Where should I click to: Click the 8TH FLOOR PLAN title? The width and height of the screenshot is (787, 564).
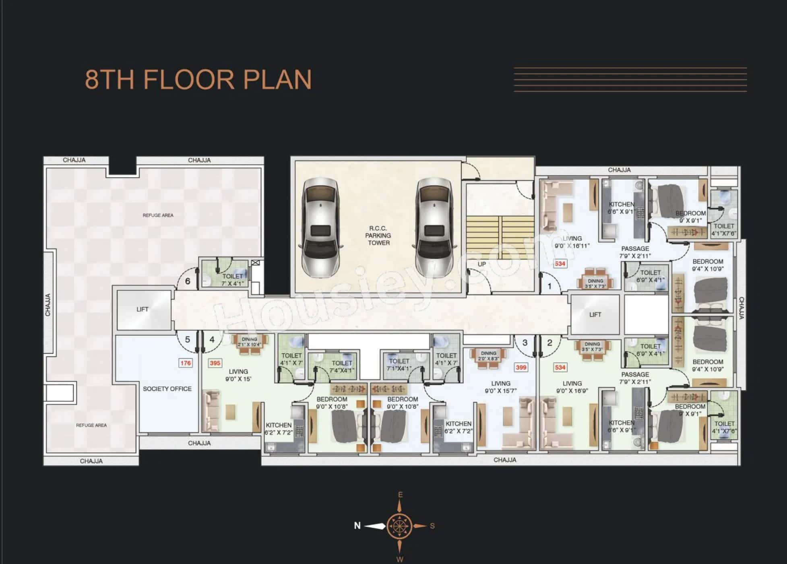[x=198, y=79]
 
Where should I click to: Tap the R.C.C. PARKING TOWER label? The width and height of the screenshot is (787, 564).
[x=378, y=236]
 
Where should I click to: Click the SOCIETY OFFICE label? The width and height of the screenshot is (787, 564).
[x=167, y=389]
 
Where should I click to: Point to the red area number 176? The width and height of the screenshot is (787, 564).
[x=186, y=363]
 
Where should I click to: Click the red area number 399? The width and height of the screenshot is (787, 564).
[x=521, y=367]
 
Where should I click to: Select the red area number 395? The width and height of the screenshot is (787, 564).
[x=215, y=363]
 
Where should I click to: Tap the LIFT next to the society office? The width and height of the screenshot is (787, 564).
[x=143, y=309]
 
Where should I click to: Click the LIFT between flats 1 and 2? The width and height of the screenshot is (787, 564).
[x=595, y=314]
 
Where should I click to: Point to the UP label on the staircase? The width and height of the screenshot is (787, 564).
[x=482, y=264]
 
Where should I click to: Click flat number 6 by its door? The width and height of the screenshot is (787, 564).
[x=188, y=281]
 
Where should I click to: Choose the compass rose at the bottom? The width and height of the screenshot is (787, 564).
[x=399, y=526]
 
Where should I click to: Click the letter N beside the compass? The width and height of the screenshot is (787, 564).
[x=357, y=525]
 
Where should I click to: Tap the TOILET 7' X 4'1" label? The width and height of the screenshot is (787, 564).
[x=233, y=279]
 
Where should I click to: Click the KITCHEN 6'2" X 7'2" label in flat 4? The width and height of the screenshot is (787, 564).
[x=279, y=429]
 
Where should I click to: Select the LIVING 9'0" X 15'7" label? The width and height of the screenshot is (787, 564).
[x=501, y=387]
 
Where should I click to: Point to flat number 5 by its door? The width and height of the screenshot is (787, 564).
[x=187, y=340]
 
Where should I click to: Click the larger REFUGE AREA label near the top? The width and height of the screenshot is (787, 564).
[x=158, y=215]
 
